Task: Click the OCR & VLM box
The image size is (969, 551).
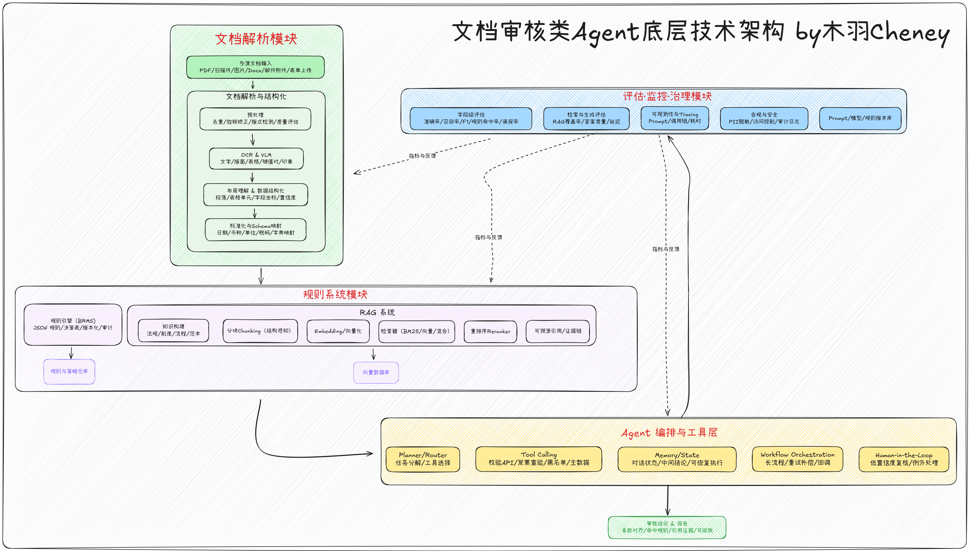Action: point(256,158)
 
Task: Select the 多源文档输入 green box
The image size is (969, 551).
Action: point(255,67)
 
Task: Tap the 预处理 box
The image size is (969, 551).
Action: point(255,119)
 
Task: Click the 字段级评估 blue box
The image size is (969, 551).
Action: point(471,118)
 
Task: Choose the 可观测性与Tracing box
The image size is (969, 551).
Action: point(675,118)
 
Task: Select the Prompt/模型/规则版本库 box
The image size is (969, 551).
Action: point(860,118)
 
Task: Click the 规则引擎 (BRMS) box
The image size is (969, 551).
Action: point(73,324)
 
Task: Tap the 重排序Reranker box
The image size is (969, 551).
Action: point(490,331)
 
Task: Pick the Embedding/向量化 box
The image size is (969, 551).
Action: point(338,331)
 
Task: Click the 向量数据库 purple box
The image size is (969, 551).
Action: point(376,372)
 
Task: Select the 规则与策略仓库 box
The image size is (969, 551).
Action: point(69,371)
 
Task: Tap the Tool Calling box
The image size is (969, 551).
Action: point(539,459)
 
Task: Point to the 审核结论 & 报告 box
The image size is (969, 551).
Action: point(667,527)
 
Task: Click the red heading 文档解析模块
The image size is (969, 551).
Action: point(256,39)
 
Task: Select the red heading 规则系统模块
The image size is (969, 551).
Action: point(335,294)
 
